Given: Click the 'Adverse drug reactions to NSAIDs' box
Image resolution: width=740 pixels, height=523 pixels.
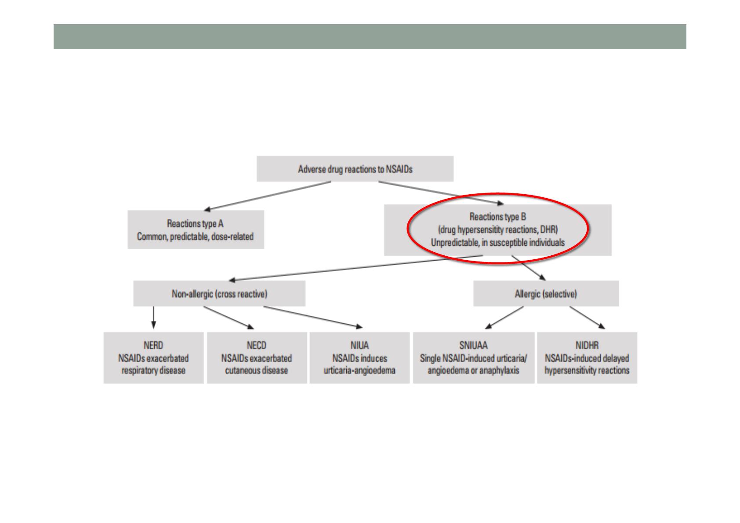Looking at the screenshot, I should click(x=355, y=169).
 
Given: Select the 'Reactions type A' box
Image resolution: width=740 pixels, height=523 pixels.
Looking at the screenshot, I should click(x=196, y=230).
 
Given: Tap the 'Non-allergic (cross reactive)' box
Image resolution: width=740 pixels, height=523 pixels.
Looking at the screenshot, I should click(x=219, y=294).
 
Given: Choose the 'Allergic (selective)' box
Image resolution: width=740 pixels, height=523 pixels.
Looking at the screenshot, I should click(x=546, y=294).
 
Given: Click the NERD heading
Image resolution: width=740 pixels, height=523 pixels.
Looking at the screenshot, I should click(x=153, y=345).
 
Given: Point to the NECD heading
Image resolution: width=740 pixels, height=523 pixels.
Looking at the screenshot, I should click(x=257, y=345).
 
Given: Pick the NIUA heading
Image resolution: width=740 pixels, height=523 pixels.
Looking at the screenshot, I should click(x=359, y=345).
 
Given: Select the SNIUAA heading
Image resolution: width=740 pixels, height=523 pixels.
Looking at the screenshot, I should click(x=474, y=345).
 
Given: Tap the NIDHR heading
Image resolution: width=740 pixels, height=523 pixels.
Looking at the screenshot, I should click(x=587, y=345).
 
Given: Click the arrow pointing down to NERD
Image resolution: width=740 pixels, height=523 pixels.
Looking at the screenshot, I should click(x=153, y=317).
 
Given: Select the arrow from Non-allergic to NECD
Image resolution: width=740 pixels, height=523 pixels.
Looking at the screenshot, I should click(x=229, y=317).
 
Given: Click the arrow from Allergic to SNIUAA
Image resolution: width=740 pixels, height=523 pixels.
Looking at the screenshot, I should click(x=504, y=317).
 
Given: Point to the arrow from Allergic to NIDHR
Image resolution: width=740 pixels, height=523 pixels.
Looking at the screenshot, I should click(x=587, y=317).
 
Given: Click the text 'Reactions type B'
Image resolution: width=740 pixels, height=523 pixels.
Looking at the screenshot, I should click(x=497, y=217).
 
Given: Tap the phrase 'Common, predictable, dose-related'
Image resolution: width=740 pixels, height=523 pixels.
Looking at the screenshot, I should click(x=196, y=237).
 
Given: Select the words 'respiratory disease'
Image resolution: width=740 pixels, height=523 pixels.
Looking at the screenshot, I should click(x=153, y=370).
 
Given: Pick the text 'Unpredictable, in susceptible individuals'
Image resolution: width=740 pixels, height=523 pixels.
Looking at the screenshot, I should click(x=497, y=243).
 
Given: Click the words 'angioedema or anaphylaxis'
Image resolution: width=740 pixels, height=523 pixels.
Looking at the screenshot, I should click(x=474, y=370).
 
